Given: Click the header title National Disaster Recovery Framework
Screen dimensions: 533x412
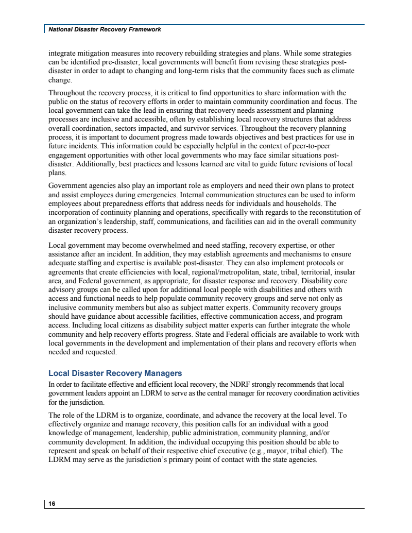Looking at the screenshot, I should (105, 29).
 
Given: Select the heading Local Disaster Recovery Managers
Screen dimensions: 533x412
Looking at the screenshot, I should (115, 373).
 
